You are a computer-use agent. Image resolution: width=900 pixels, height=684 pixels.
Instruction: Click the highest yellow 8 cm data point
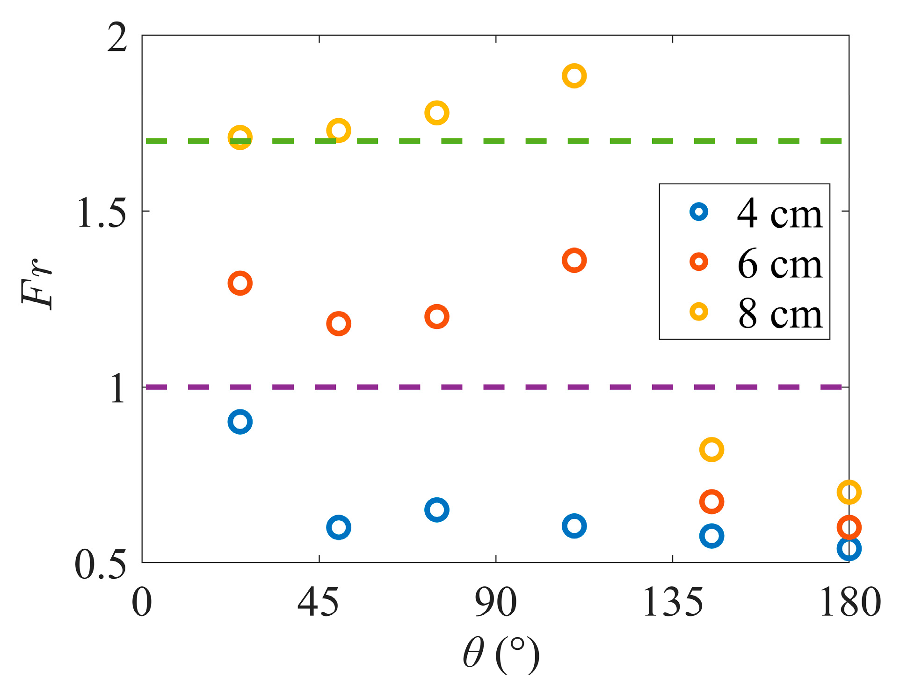tap(574, 76)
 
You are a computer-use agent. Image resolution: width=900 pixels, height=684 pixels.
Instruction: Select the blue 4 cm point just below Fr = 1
tap(240, 422)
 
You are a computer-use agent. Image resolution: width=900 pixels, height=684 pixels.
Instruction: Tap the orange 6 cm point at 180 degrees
tap(849, 527)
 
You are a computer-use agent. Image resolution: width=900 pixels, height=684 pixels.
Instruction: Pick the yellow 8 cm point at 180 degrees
tap(849, 492)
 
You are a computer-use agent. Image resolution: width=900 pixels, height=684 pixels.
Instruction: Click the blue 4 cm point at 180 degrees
tap(849, 548)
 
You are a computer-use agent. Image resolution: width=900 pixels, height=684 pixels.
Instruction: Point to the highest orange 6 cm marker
tap(574, 260)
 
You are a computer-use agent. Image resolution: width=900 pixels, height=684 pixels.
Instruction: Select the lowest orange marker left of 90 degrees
tap(338, 323)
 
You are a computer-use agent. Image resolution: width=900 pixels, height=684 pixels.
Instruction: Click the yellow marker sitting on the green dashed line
tap(240, 138)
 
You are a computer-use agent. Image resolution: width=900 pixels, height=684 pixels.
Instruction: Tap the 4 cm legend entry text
tap(779, 213)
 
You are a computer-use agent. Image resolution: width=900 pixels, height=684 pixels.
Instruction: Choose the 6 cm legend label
tap(779, 263)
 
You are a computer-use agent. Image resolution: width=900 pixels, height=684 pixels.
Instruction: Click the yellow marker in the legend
tap(699, 311)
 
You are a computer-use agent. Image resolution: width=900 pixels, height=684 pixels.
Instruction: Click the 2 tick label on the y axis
tap(117, 37)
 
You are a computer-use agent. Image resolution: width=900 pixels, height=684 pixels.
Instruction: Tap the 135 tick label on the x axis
tap(672, 603)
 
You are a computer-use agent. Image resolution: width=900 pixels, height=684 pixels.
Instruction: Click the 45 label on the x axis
tap(318, 603)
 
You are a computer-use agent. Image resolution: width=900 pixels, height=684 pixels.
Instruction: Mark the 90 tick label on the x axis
tap(495, 603)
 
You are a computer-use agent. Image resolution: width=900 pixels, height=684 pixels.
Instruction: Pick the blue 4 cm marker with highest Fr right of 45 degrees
tap(436, 509)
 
